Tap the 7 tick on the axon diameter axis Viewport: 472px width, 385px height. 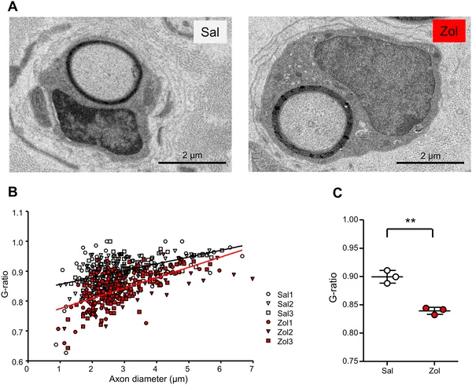[252, 367]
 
